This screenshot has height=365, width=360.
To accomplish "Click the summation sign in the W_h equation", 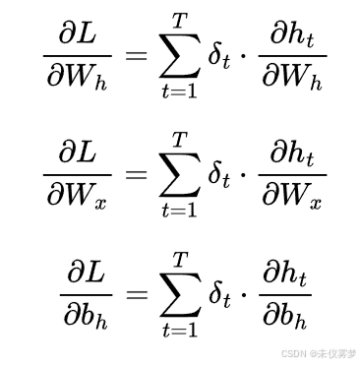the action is [180, 56].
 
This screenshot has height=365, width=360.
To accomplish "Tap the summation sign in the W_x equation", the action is [180, 174].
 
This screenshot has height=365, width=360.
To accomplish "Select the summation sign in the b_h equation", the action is [180, 294].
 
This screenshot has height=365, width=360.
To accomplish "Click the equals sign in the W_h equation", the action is [137, 56].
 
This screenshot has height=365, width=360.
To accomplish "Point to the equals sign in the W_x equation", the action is [137, 175].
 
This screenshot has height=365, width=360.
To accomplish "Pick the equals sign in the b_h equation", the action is [137, 295].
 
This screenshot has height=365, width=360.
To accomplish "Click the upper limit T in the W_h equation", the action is [180, 22].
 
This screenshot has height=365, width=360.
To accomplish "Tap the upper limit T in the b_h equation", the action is [180, 261].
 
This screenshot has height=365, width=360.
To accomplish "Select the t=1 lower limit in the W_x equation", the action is [180, 210].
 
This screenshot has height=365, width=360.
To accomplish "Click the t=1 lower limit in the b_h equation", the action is [180, 330].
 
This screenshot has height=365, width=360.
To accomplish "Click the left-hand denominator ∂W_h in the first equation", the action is [78, 77].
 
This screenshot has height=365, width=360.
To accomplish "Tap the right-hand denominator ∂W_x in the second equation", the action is [292, 195].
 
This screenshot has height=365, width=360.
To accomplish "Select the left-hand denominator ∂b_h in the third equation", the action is [86, 315].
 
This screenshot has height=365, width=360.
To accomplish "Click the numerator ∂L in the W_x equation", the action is [78, 152].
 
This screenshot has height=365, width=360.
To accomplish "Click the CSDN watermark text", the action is [319, 353].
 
